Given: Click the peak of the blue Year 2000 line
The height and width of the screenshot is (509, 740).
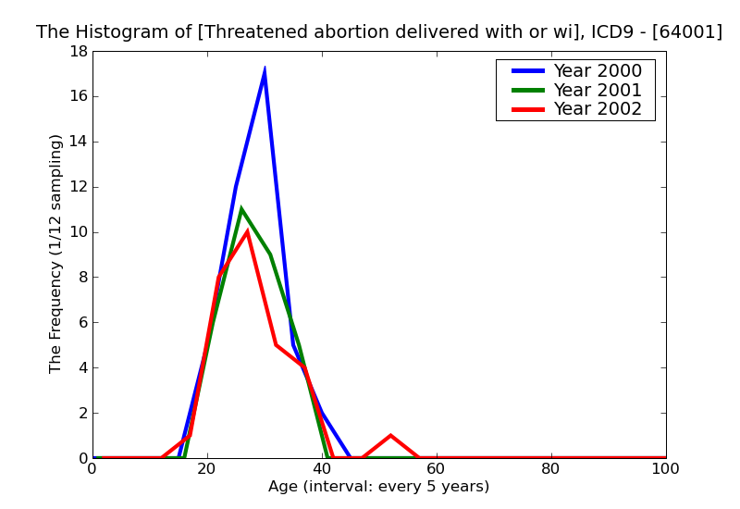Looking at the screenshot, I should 265,70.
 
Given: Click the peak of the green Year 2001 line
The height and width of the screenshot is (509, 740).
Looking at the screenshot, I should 241,209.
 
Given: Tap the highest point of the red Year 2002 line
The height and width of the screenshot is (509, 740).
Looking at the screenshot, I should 247,231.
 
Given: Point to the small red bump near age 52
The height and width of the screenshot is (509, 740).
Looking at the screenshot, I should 390,436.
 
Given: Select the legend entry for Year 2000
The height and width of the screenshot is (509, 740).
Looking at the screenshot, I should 597,71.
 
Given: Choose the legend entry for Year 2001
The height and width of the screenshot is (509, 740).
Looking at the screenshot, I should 597,90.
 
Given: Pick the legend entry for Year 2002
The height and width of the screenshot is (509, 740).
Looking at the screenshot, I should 597,109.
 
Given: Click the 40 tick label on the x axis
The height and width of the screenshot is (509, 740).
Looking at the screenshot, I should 322,469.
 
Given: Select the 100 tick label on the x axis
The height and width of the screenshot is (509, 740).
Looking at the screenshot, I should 665,469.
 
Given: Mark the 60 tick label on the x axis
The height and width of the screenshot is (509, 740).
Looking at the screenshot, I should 437,469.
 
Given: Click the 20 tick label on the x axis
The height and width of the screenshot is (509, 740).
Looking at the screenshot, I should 207,469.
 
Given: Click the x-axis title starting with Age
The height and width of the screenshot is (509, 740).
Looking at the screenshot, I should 378,487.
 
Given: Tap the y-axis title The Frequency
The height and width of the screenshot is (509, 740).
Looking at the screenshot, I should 56,253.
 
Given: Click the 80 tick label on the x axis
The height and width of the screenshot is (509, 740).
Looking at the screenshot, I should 551,469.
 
